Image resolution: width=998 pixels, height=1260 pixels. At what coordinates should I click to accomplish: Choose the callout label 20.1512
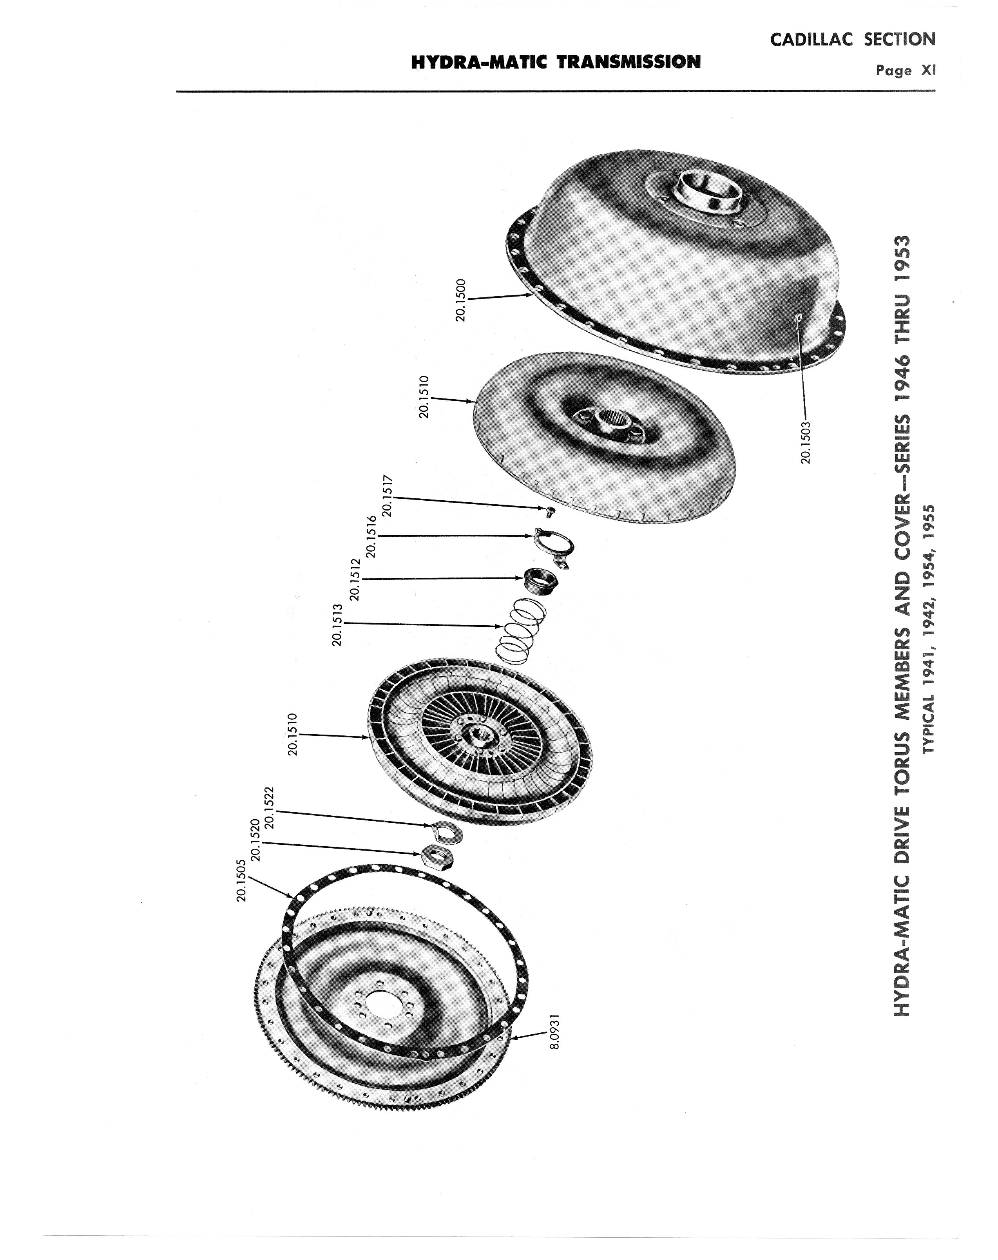(354, 579)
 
